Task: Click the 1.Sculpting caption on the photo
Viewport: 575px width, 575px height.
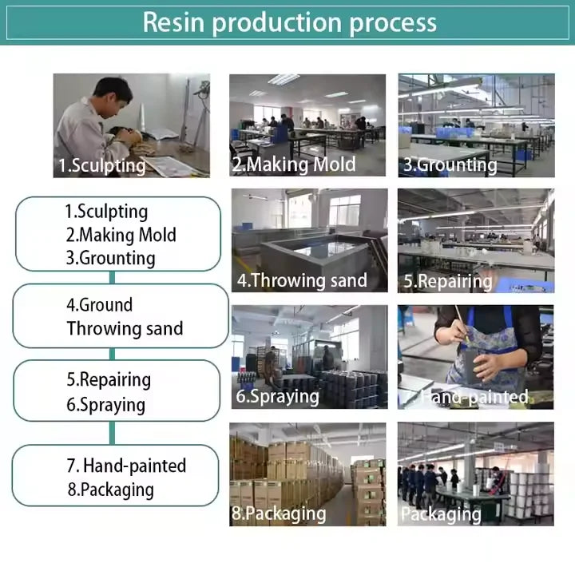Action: click(102, 166)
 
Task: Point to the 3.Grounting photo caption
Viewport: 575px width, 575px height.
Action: click(450, 165)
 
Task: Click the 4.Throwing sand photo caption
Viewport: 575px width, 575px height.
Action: click(302, 280)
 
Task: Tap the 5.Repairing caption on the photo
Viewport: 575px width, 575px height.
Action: click(448, 281)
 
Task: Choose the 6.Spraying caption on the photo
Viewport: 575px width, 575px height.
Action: click(277, 396)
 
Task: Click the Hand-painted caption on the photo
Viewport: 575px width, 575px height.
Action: click(475, 396)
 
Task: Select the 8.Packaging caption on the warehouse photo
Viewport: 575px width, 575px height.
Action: click(280, 513)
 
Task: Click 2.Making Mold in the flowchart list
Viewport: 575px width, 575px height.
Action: click(121, 235)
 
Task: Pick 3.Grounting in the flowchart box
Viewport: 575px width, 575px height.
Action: click(111, 258)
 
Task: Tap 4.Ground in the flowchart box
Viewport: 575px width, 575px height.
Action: click(100, 304)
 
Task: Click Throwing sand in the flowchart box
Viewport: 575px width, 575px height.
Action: click(125, 328)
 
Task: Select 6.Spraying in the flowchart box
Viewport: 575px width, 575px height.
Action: click(106, 404)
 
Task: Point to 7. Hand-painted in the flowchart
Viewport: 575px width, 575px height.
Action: click(126, 466)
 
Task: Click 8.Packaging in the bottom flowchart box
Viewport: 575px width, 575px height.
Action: click(111, 490)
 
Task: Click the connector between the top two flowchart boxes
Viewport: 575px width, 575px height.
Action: click(113, 277)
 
